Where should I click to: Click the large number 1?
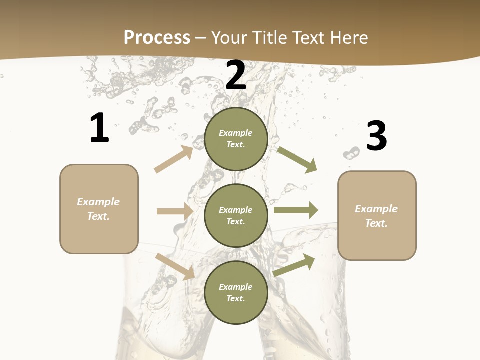(x=99, y=128)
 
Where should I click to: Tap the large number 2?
(x=236, y=75)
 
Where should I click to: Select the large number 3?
(x=376, y=136)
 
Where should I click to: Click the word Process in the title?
(x=157, y=37)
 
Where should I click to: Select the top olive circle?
(x=236, y=139)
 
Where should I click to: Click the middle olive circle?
(x=236, y=216)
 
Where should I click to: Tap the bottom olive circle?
(x=236, y=293)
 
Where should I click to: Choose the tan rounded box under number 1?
(x=99, y=209)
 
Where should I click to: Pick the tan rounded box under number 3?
(x=377, y=216)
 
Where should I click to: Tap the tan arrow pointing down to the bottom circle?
(x=175, y=266)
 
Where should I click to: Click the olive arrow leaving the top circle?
(x=297, y=159)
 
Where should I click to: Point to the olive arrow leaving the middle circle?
(x=296, y=210)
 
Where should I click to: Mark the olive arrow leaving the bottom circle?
(x=294, y=265)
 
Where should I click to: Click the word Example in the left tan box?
(x=98, y=202)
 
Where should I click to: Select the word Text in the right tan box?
(x=375, y=223)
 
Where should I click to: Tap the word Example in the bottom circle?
(x=235, y=287)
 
